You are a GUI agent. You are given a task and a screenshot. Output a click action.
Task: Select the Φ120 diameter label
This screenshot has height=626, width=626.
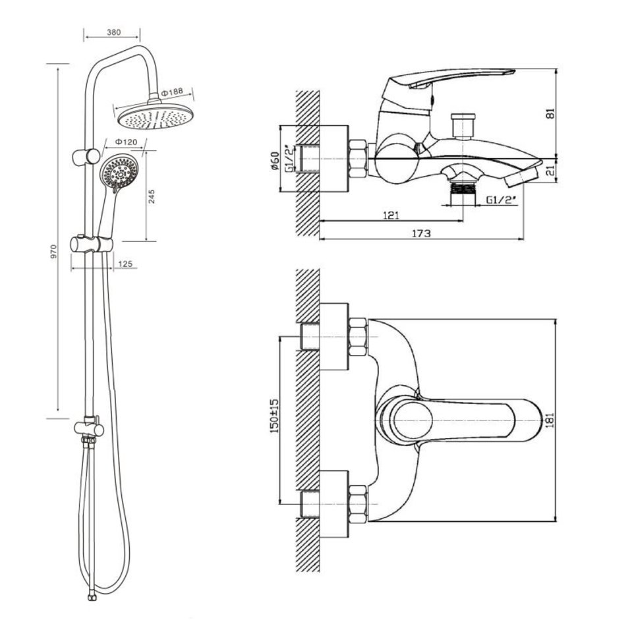pyautogui.click(x=125, y=142)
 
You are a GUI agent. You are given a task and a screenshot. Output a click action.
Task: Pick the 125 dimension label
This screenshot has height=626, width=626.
pyautogui.click(x=125, y=264)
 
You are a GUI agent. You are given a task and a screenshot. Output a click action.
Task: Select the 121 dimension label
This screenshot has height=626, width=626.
pyautogui.click(x=391, y=215)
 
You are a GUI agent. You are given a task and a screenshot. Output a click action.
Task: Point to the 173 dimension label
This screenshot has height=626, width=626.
pyautogui.click(x=421, y=233)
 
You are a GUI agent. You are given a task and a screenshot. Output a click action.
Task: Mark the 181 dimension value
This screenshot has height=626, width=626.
pyautogui.click(x=552, y=420)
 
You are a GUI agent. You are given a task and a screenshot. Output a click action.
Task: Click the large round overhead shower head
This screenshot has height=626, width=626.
pyautogui.click(x=154, y=117)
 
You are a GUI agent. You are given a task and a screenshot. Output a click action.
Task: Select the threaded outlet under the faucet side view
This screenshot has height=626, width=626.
pyautogui.click(x=462, y=188)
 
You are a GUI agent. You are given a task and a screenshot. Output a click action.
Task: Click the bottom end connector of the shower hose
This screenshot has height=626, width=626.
pyautogui.click(x=90, y=598)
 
